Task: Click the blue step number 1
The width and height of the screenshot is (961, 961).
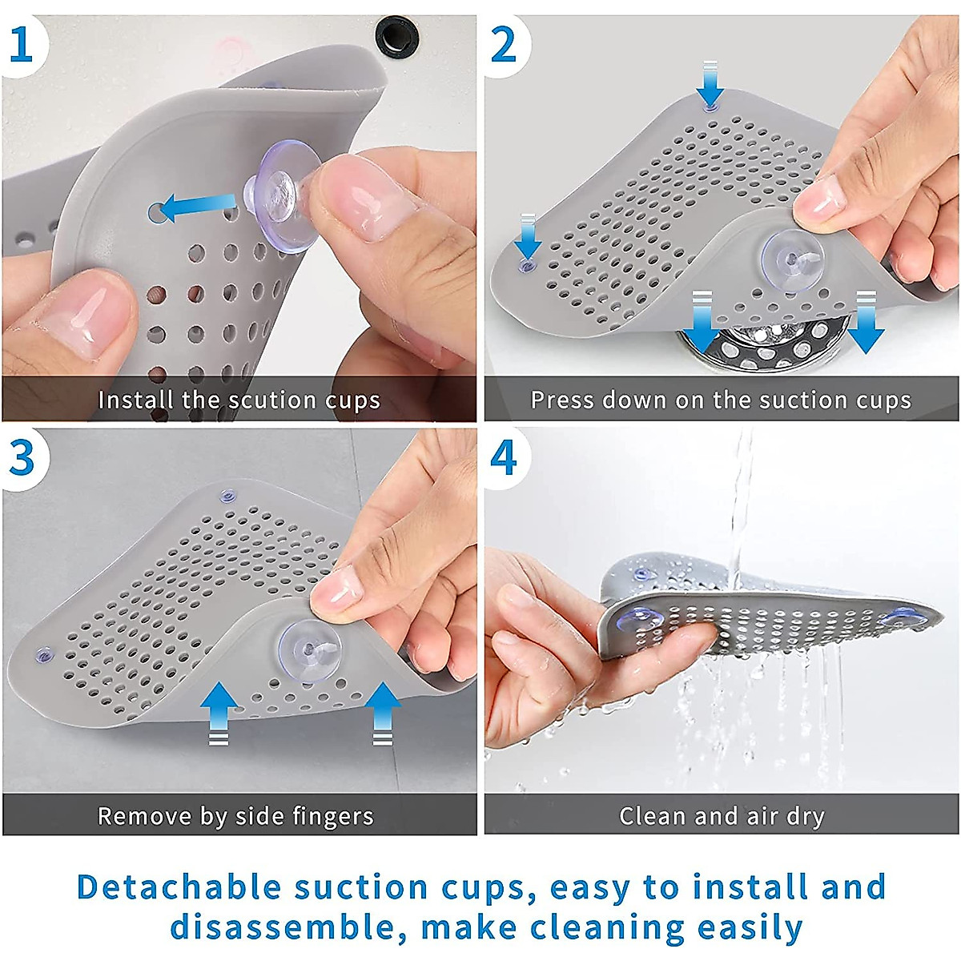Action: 21,45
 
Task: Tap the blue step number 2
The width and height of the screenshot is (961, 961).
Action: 503,45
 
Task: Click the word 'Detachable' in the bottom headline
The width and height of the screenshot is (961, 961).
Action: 179,887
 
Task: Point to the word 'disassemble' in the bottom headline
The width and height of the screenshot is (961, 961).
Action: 282,927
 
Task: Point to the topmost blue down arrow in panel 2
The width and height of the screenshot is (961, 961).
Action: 710,84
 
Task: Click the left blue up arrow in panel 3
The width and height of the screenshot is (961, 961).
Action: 219,714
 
